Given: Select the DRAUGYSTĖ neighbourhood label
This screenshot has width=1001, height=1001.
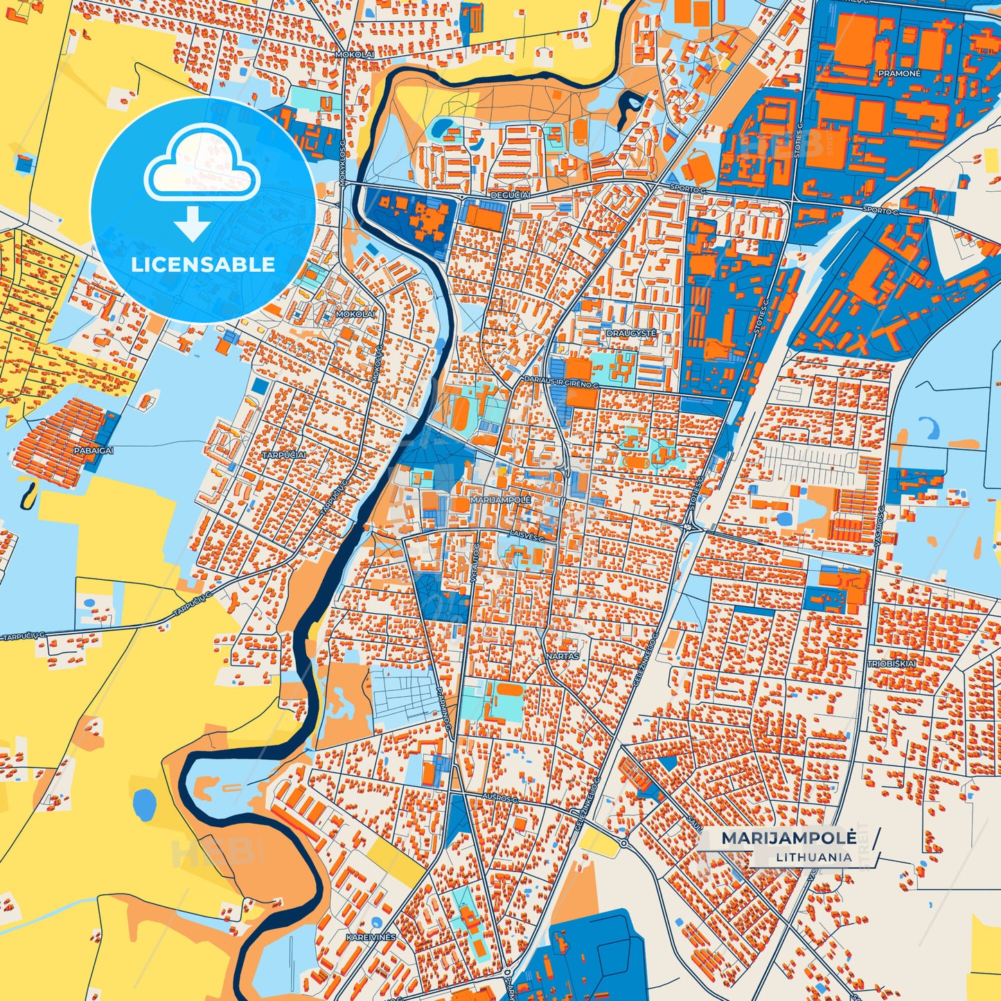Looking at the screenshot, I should click(x=631, y=333).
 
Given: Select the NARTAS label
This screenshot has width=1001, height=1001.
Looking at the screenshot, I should click(x=562, y=655).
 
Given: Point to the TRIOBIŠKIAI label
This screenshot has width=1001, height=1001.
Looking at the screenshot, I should click(x=892, y=664).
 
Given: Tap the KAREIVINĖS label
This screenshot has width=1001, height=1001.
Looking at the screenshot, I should click(x=371, y=937).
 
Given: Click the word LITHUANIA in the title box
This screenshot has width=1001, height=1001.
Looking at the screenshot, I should click(x=814, y=857).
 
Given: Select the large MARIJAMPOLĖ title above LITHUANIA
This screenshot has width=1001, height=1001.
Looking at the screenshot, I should click(x=788, y=838).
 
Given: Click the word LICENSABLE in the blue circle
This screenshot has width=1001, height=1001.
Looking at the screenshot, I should click(x=203, y=265).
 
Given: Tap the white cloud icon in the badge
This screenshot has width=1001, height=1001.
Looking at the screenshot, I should click(x=202, y=163).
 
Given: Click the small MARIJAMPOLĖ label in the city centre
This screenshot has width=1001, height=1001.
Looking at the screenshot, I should click(x=500, y=499).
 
